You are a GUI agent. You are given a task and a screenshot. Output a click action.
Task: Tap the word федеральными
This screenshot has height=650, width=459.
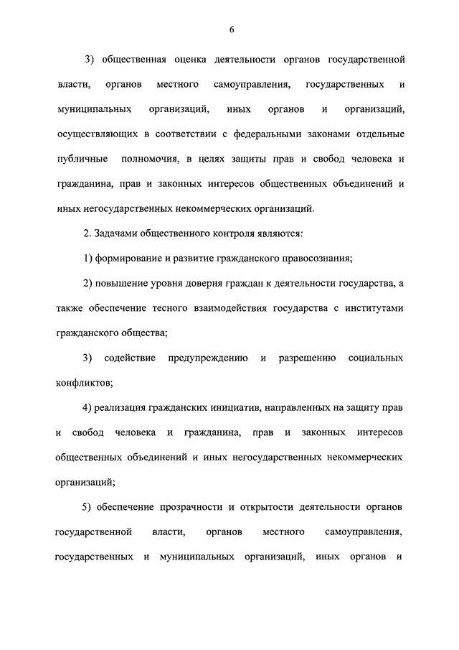pos(276,134)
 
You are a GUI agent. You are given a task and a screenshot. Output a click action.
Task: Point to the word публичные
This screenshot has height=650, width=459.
pos(82,159)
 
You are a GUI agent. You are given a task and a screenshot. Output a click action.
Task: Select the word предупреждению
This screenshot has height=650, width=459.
pos(208,358)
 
